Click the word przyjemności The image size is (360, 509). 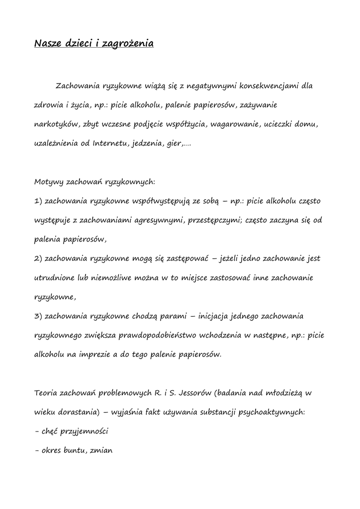[x=85, y=431]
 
